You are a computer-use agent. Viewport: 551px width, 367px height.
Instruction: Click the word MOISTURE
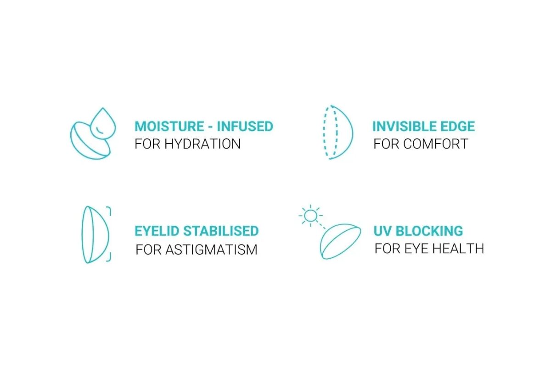pyautogui.click(x=169, y=127)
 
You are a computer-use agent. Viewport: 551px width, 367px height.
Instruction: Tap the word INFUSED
pyautogui.click(x=245, y=127)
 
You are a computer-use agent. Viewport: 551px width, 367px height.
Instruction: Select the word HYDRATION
pyautogui.click(x=202, y=144)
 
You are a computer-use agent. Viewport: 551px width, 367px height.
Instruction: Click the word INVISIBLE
pyautogui.click(x=405, y=127)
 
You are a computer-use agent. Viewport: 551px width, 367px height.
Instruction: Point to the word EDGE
pyautogui.click(x=457, y=127)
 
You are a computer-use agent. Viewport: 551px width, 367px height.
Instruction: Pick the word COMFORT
pyautogui.click(x=436, y=144)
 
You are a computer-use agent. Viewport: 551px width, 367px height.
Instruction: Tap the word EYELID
pyautogui.click(x=157, y=231)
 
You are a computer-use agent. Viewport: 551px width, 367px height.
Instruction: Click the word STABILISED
pyautogui.click(x=221, y=231)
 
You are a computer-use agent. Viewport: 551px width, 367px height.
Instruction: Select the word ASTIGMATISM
pyautogui.click(x=211, y=250)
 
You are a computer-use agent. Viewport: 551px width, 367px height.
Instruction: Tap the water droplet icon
pyautogui.click(x=103, y=123)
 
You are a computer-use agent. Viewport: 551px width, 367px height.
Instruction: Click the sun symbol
pyautogui.click(x=311, y=216)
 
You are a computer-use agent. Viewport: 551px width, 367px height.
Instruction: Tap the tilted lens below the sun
pyautogui.click(x=340, y=241)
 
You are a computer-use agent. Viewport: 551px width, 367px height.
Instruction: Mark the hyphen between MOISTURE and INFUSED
pyautogui.click(x=210, y=128)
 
